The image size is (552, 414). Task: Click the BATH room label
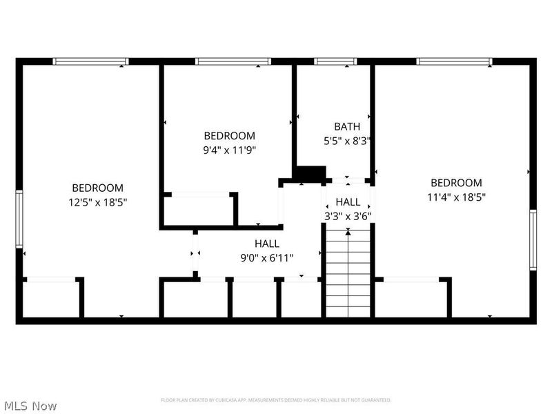(347, 126)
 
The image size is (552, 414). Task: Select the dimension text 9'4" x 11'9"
(229, 149)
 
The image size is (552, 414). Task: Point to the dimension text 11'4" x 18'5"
(456, 197)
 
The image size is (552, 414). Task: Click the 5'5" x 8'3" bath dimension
(348, 140)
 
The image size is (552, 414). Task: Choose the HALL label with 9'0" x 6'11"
(266, 244)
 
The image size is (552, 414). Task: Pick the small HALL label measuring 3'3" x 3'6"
(348, 201)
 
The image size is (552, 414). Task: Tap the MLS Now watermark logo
(30, 406)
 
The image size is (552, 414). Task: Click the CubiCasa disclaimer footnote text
(276, 400)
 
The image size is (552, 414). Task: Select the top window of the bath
(335, 61)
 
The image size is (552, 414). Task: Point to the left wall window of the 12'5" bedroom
(19, 219)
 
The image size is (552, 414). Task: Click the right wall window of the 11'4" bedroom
(533, 239)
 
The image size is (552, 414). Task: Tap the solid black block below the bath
(310, 173)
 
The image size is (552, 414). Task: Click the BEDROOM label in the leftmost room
(98, 188)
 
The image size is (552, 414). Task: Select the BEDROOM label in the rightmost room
(456, 183)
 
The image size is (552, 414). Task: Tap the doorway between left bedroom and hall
(195, 254)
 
